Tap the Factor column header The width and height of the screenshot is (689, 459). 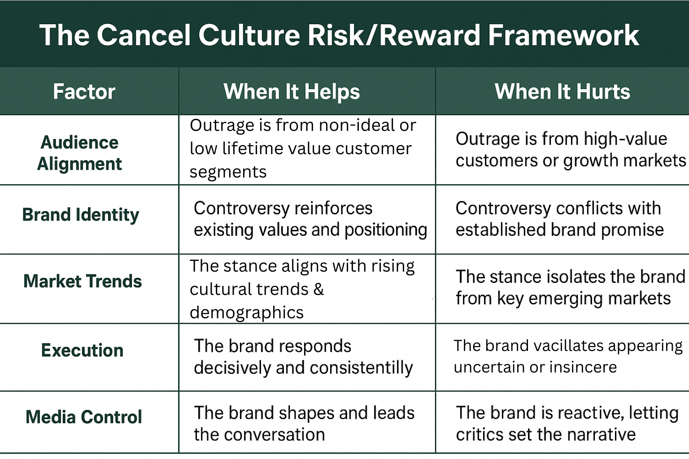coord(84,91)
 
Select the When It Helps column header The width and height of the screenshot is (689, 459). coord(292,92)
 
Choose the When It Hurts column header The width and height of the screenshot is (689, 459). coord(562,91)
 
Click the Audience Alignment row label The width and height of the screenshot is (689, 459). coord(79,153)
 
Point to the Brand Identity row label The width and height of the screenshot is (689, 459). coord(81,215)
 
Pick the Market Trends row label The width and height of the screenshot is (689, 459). coord(83,281)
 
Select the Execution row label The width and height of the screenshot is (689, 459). coord(82,350)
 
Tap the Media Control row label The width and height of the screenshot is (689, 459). coord(84,417)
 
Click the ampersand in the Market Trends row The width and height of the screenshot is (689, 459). coord(318,289)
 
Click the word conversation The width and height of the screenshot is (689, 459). coord(275,434)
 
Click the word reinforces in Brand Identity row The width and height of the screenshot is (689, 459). coord(333,208)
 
